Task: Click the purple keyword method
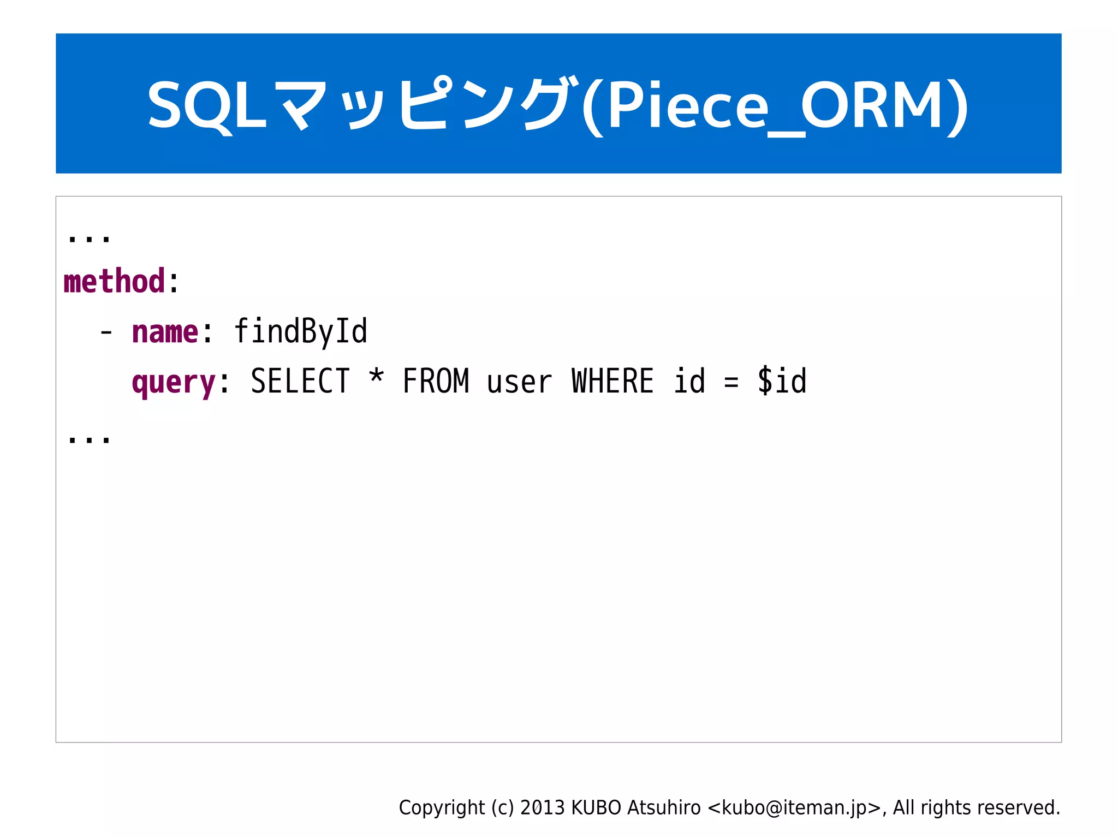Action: pos(114,282)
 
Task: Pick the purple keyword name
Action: pos(165,332)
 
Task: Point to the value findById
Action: pos(301,331)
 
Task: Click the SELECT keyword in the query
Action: pos(300,381)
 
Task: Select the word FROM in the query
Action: pos(436,381)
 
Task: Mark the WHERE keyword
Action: pos(612,381)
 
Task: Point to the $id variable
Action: pos(782,381)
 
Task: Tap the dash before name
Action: pos(106,332)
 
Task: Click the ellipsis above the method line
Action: pos(88,238)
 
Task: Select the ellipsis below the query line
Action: pos(88,439)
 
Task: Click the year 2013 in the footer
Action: pos(542,807)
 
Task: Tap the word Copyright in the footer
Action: pos(442,807)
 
